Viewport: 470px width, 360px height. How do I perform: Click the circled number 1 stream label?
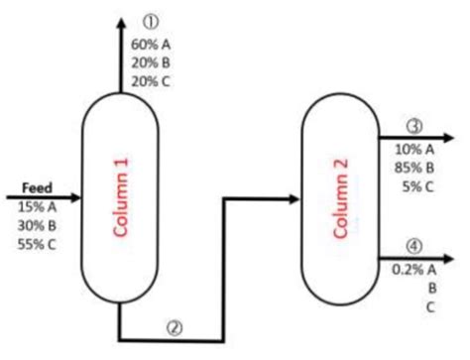tap(151, 21)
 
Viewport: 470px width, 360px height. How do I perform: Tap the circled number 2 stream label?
tap(175, 327)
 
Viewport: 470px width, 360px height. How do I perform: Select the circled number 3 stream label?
tap(414, 126)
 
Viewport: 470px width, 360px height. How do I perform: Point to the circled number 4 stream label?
tap(414, 246)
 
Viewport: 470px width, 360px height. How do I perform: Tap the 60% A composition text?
tap(151, 45)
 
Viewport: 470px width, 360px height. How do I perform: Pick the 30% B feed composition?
tap(37, 225)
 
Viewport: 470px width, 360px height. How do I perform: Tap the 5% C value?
tap(416, 184)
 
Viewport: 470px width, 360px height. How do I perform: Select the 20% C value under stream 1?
tap(151, 81)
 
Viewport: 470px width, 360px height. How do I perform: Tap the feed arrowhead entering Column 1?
tap(75, 197)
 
